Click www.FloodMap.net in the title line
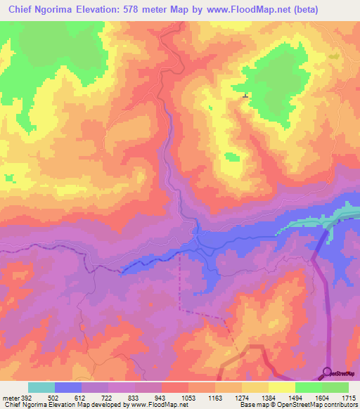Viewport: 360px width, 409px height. tap(235, 9)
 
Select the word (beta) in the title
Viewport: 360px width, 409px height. tap(303, 9)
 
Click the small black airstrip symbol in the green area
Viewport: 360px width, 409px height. tap(245, 96)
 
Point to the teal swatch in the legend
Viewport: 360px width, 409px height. tap(41, 387)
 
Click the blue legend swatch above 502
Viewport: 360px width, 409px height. tap(67, 387)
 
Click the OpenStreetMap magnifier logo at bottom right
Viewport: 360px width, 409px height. tap(328, 372)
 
